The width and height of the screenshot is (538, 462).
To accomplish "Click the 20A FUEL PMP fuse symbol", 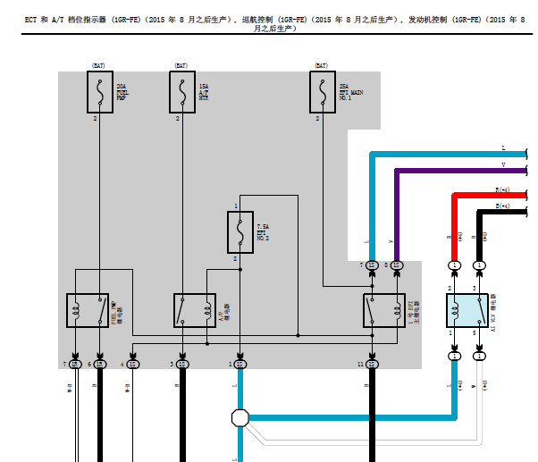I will coord(98,93).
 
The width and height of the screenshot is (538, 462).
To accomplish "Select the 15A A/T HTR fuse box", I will coord(181,93).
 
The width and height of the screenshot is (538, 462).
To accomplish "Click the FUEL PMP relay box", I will coord(88,310).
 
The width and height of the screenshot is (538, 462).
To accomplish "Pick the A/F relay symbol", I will coord(194,310).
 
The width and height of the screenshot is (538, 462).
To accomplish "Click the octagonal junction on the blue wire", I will coord(240,417).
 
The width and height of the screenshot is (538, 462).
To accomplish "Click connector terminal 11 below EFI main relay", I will coord(372,364).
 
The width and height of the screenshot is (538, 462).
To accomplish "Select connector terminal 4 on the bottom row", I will coord(132,364).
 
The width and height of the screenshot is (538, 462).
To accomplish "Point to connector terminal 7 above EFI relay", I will coord(372,265).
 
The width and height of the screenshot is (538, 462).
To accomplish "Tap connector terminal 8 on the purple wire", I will coord(396,265).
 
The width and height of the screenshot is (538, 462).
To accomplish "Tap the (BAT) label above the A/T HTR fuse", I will coord(181,65).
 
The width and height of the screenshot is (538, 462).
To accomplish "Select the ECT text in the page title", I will coord(31,18).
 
